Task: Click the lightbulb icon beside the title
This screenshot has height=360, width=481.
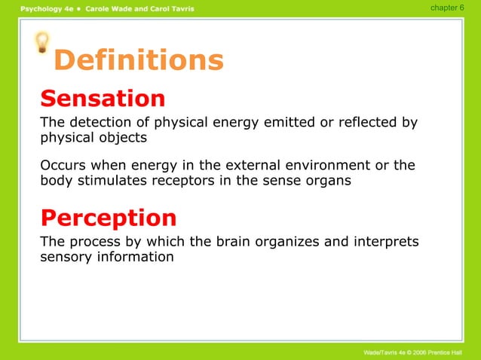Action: pyautogui.click(x=43, y=42)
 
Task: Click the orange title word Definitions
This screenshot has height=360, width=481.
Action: pyautogui.click(x=139, y=60)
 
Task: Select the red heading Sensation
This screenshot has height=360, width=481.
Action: pyautogui.click(x=103, y=99)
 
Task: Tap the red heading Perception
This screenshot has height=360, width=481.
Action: pyautogui.click(x=109, y=218)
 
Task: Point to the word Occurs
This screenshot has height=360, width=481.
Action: pyautogui.click(x=62, y=165)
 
